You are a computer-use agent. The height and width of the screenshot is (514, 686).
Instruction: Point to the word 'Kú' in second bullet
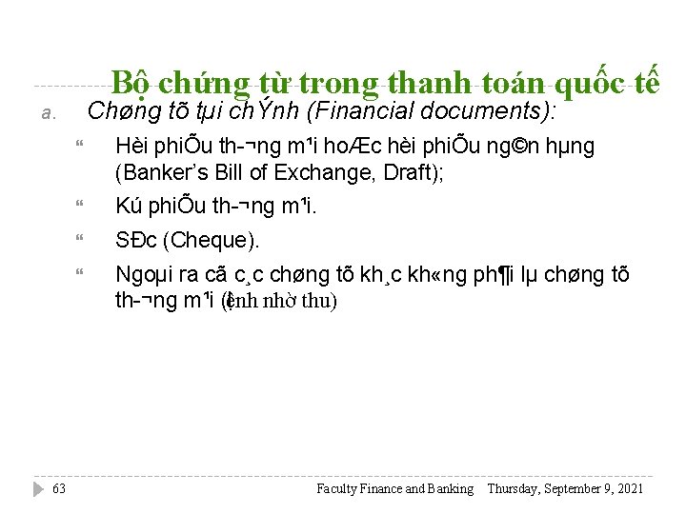[x=129, y=205]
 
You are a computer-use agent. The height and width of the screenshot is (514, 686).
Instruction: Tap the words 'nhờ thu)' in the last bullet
[x=300, y=302]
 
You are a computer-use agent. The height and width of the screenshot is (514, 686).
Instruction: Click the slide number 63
[x=59, y=488]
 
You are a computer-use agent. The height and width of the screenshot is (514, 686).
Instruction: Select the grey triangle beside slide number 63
[x=38, y=488]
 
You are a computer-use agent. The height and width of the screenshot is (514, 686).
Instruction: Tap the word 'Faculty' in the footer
[x=337, y=488]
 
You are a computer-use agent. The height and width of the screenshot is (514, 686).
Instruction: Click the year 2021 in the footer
[x=630, y=488]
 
